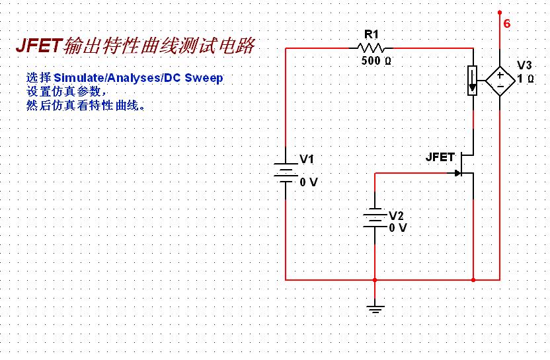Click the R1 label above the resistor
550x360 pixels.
(x=372, y=34)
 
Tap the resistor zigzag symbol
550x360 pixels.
(x=371, y=48)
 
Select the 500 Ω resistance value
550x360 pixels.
(x=376, y=60)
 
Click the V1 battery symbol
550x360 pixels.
(x=286, y=173)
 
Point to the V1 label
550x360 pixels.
(x=307, y=159)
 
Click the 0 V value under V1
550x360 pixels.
(x=309, y=182)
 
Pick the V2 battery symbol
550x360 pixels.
(x=375, y=218)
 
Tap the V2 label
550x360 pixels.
(x=396, y=215)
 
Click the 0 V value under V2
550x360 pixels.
(x=398, y=228)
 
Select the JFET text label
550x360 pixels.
(x=440, y=157)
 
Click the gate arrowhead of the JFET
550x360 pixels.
(x=457, y=173)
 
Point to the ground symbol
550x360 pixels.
(x=375, y=308)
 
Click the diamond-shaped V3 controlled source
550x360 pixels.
(x=500, y=81)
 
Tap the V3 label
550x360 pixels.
(x=524, y=65)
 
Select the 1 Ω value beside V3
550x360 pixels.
(x=526, y=79)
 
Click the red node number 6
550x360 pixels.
(x=507, y=24)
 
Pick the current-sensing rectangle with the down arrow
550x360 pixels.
(x=473, y=81)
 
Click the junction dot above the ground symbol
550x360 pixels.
(x=375, y=279)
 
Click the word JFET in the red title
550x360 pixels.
(x=39, y=45)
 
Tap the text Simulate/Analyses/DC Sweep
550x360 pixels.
(x=138, y=77)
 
